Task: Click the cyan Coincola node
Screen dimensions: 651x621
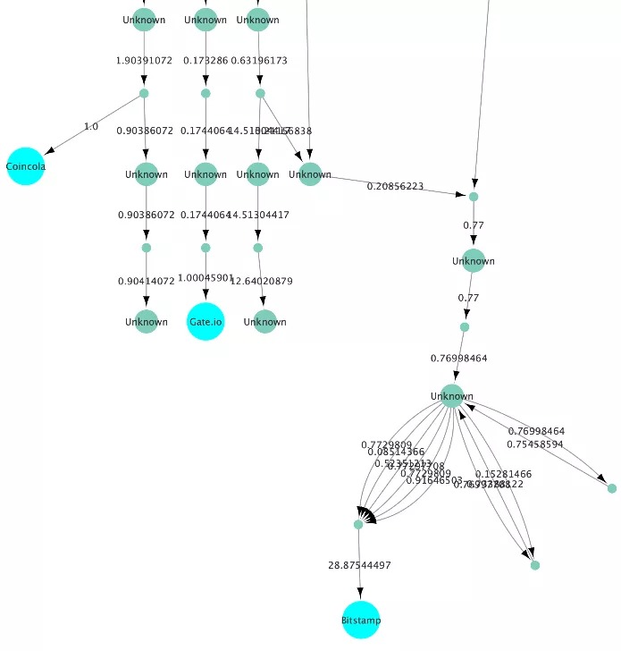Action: pos(26,166)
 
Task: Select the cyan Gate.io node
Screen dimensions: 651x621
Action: pos(206,322)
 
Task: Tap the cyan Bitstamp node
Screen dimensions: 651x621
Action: pos(361,620)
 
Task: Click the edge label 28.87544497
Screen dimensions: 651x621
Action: pos(360,565)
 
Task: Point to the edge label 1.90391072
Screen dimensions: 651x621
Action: pos(145,61)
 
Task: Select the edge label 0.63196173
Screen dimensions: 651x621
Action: pos(259,61)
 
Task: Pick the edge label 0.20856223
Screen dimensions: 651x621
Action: pos(395,186)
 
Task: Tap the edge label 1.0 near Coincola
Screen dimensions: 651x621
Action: pos(91,126)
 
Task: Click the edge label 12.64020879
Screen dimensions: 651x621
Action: pos(261,281)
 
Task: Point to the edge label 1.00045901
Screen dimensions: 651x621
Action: pos(205,278)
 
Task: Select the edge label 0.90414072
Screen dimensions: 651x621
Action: pos(147,281)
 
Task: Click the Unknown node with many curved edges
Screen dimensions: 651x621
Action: pos(452,396)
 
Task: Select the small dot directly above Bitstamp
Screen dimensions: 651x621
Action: pos(358,524)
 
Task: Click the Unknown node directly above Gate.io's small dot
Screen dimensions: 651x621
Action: pos(206,174)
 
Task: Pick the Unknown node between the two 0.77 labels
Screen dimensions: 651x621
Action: pos(474,261)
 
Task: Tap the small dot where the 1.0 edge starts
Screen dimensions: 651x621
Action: pos(144,93)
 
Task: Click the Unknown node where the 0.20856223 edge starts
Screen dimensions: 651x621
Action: pos(310,174)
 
